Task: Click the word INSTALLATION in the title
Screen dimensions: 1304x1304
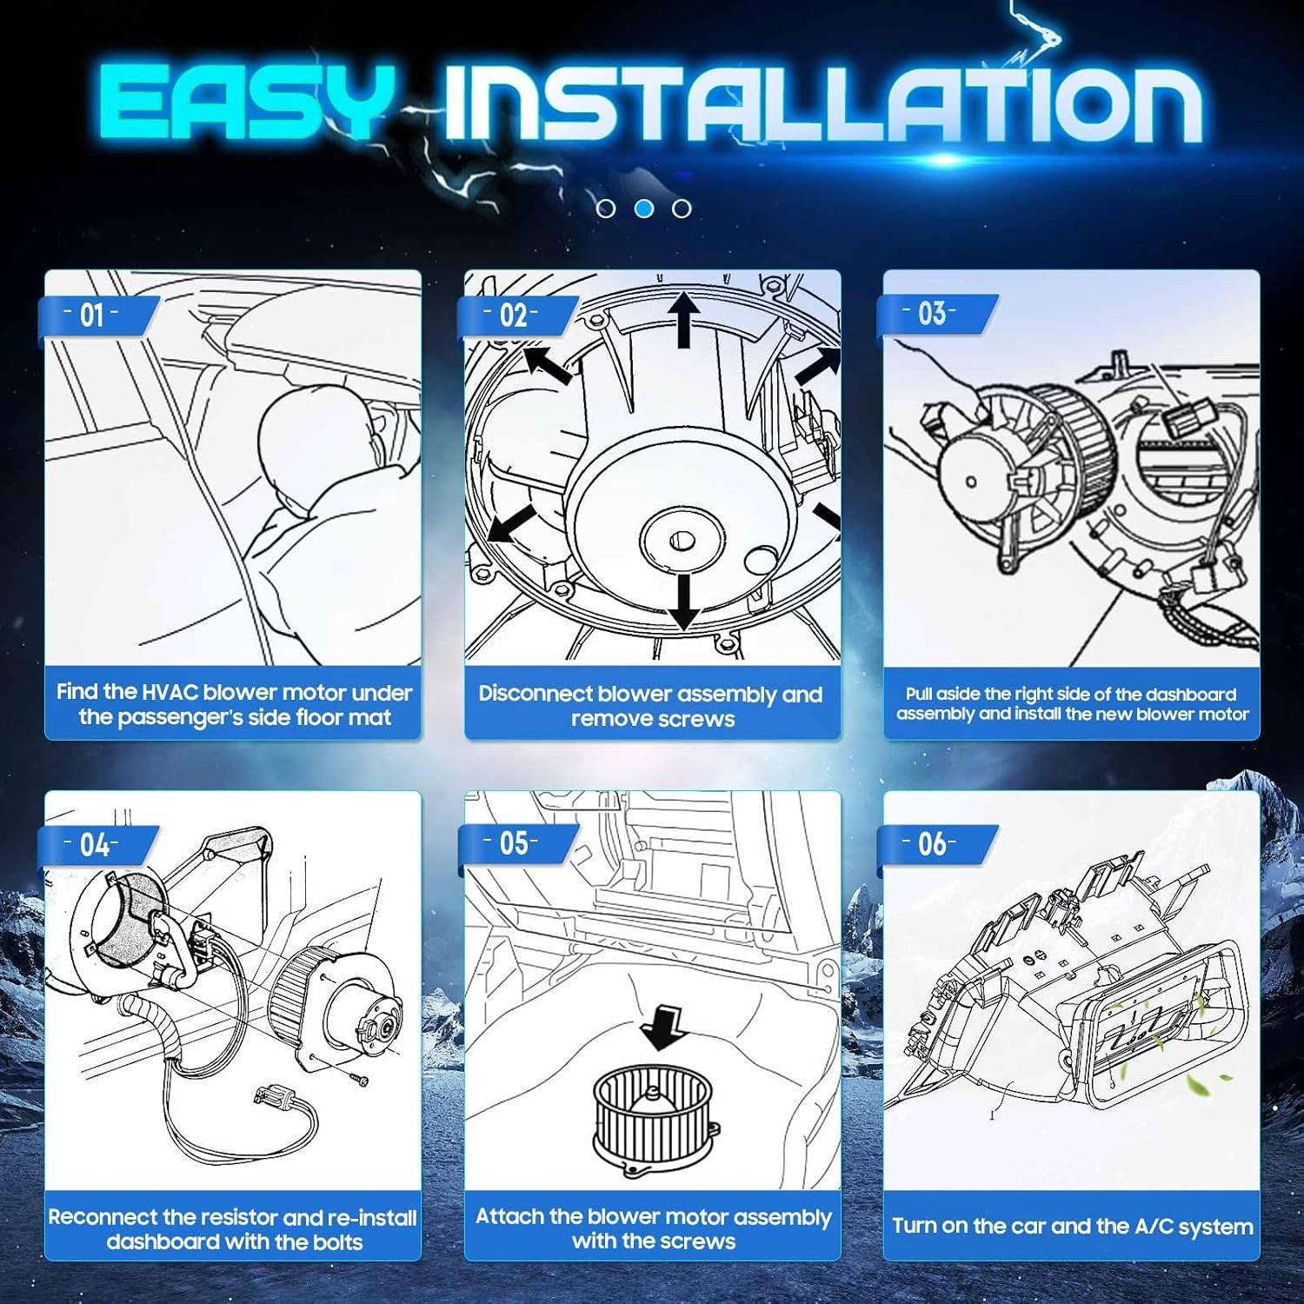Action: pos(822,103)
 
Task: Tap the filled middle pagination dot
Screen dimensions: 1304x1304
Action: pos(644,209)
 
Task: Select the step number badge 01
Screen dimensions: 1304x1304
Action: pos(92,315)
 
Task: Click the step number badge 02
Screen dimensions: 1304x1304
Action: pos(513,315)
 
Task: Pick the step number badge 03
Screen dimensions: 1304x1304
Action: pos(932,314)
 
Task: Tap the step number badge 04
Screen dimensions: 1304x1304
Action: pos(94,844)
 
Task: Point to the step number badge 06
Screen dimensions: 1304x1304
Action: pos(932,842)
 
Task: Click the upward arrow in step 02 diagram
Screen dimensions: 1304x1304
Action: pos(684,318)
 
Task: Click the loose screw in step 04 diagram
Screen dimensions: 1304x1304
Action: pos(359,1080)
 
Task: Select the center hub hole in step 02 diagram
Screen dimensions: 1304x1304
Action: pos(682,541)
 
